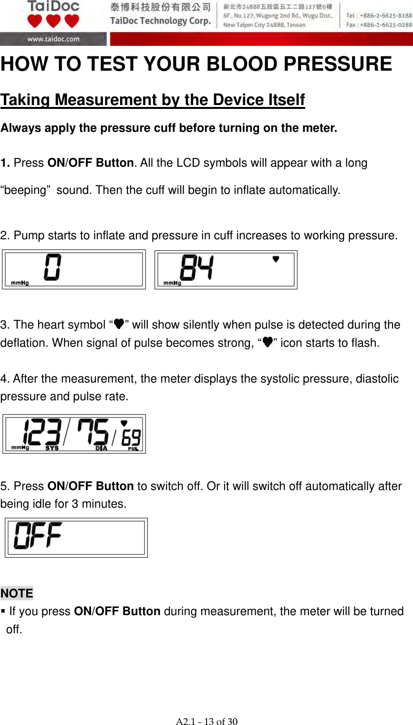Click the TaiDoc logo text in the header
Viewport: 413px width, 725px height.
(53, 7)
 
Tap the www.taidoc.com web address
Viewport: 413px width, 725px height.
(53, 39)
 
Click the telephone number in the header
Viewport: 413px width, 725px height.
(379, 15)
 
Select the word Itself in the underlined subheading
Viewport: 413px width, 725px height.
(282, 100)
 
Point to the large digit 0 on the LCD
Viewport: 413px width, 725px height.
(52, 267)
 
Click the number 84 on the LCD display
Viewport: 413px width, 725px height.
(196, 267)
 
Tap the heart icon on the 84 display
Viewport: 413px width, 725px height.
(276, 259)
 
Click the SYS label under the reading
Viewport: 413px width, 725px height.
(52, 448)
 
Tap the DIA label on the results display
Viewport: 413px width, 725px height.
(101, 448)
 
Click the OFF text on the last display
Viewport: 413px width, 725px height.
(38, 535)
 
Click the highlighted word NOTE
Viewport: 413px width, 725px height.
(17, 593)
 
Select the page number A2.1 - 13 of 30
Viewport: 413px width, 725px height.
(206, 721)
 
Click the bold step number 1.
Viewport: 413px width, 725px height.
(5, 163)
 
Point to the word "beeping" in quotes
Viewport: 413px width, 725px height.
(26, 190)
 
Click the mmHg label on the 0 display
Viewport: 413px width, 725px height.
(20, 283)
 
